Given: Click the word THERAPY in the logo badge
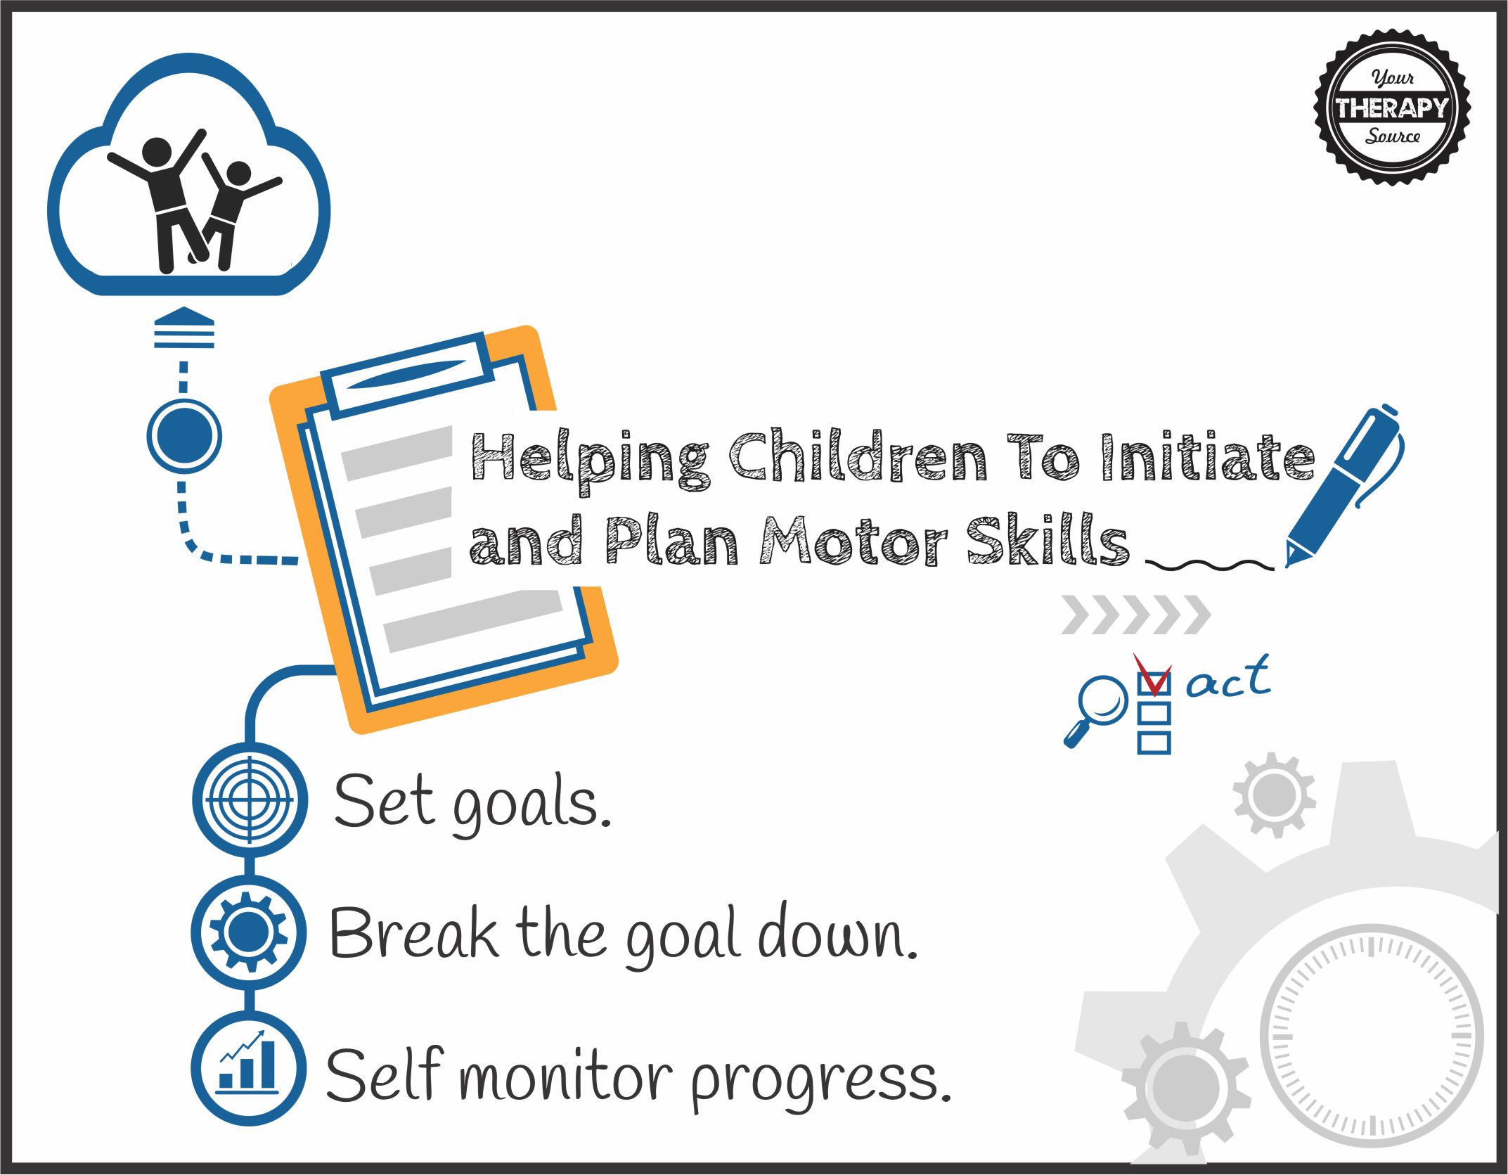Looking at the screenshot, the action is (1392, 108).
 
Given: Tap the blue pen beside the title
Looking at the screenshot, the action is (1343, 485).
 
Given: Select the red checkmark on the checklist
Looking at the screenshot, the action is (1152, 674).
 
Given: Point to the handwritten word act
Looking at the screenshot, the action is (1229, 677).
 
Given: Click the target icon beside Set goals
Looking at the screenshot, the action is (250, 800).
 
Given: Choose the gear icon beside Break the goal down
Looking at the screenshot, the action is (249, 932).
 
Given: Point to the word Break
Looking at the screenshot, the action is (413, 932).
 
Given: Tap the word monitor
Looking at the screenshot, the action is (567, 1076).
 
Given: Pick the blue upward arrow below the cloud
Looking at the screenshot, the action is (184, 327).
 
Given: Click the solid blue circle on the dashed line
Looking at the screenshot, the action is (184, 436).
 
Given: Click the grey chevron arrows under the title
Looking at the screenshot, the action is (1135, 615).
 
